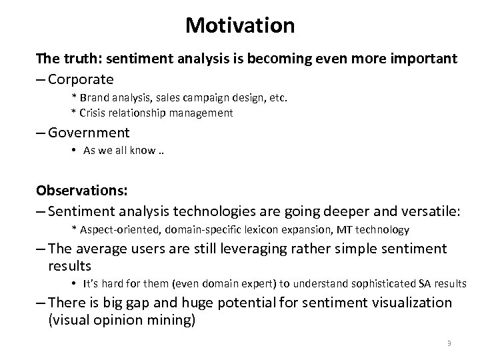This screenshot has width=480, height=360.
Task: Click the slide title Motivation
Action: [x=240, y=25]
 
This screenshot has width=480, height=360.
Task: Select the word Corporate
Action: [x=81, y=79]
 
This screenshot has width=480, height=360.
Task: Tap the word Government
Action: [x=89, y=133]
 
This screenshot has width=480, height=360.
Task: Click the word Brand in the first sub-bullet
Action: [x=93, y=98]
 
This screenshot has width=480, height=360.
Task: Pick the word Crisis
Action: [x=93, y=113]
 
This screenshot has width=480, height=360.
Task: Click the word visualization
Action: [x=409, y=303]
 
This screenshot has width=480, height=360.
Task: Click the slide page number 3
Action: [x=449, y=343]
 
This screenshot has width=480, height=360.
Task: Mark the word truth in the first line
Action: [x=77, y=59]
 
